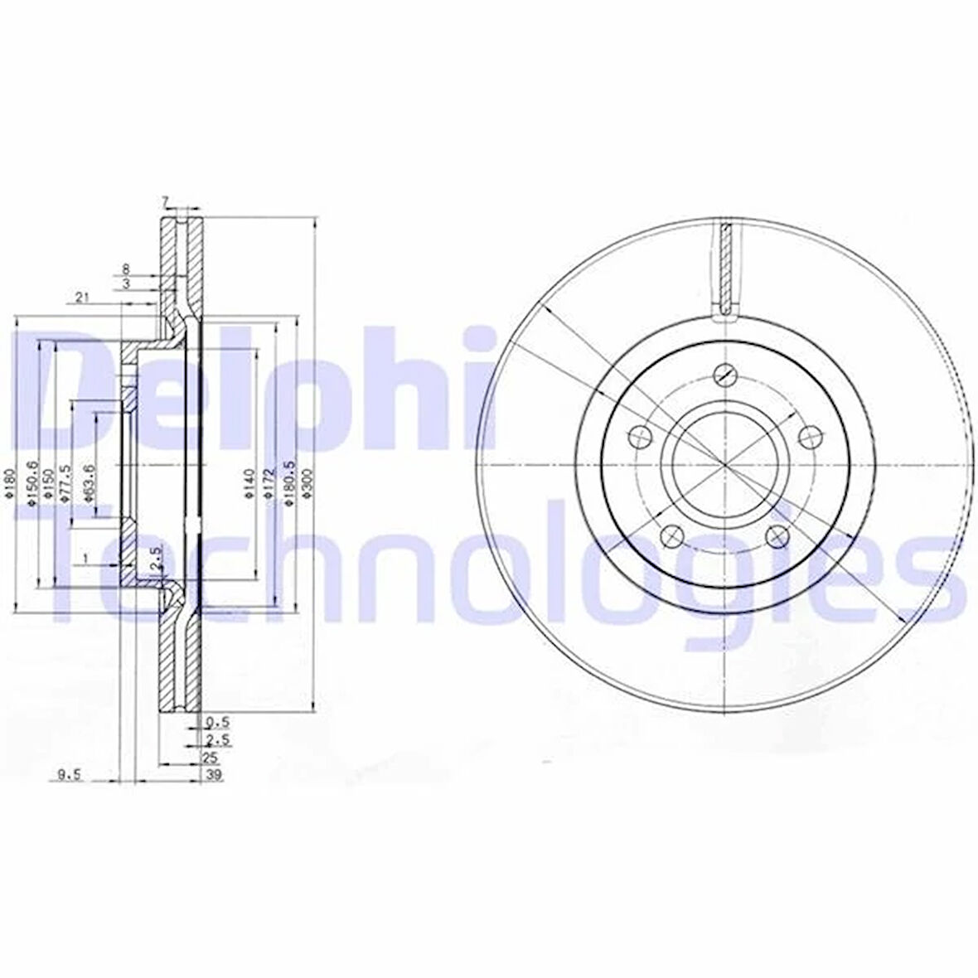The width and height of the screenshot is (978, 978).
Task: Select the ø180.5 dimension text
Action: (x=288, y=480)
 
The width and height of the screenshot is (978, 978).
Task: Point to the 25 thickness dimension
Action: (x=211, y=758)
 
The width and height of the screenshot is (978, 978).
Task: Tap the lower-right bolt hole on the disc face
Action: (x=777, y=536)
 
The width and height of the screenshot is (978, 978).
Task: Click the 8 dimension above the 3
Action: (x=126, y=269)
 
